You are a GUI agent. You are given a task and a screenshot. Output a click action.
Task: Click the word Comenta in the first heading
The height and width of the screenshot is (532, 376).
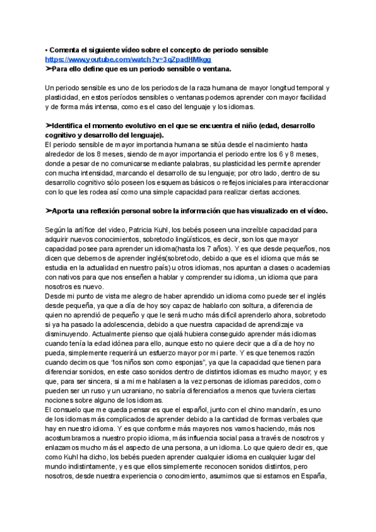(x=66, y=50)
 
